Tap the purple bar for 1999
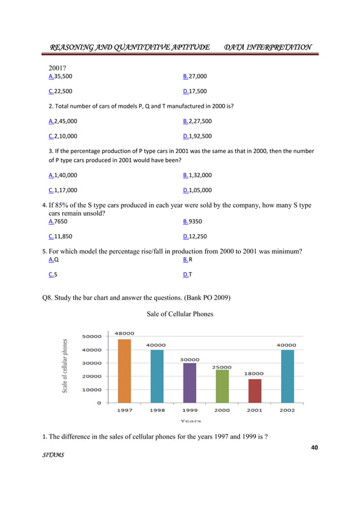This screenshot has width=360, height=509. pos(189,383)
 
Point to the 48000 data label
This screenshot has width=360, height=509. pos(124,334)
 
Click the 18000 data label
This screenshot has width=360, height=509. pos(254,374)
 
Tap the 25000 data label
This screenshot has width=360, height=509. pos(221,367)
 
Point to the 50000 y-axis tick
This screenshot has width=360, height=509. pos(93,336)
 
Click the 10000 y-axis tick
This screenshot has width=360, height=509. pos(93,390)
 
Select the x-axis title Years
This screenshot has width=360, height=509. pos(190,421)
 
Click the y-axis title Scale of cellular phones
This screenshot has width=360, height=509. pos(65,366)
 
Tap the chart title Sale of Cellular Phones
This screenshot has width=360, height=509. pos(179,314)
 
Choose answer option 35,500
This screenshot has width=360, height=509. pos(63,76)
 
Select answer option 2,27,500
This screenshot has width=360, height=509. pos(200,121)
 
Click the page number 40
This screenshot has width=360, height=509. pos(314,447)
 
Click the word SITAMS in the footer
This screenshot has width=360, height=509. pos(53,454)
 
